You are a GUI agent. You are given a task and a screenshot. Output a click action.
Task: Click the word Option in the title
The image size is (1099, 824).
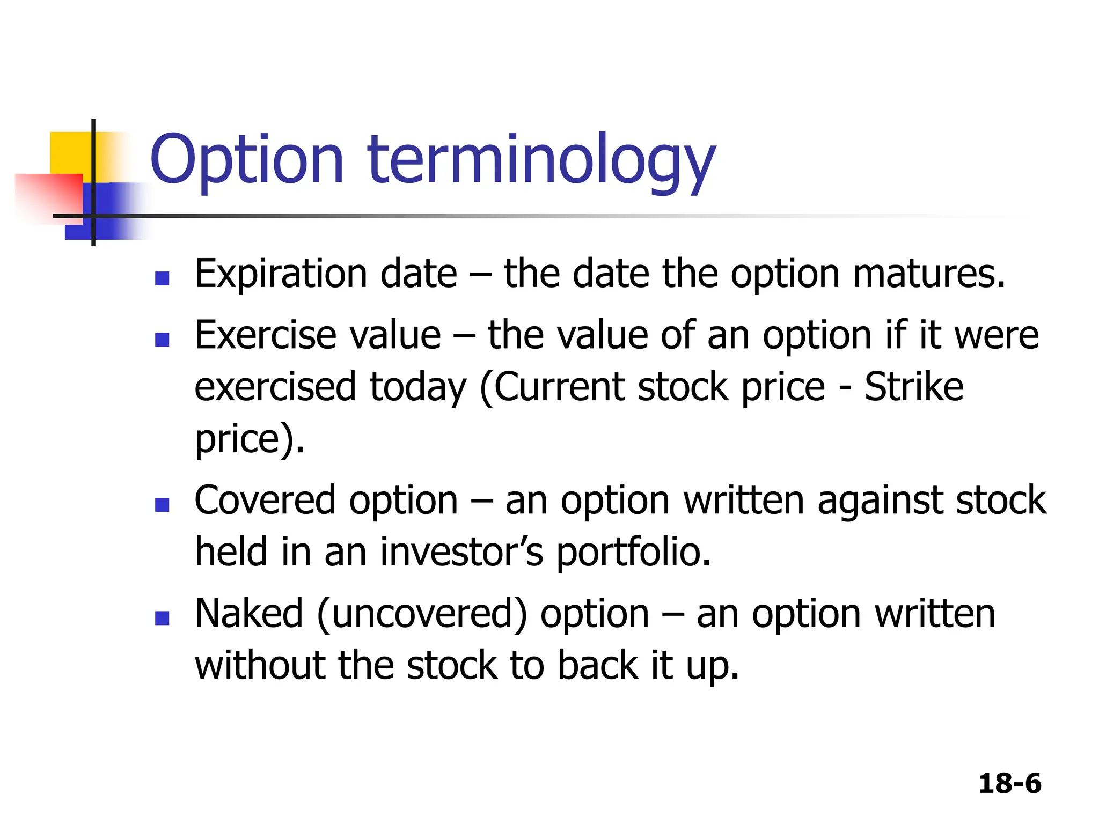pyautogui.click(x=246, y=160)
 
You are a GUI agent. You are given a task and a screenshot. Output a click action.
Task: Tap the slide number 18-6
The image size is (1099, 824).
pyautogui.click(x=1009, y=783)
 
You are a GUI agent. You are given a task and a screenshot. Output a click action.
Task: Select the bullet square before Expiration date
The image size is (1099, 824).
pyautogui.click(x=162, y=278)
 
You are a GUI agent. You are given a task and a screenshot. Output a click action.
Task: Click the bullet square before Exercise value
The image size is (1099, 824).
pyautogui.click(x=162, y=340)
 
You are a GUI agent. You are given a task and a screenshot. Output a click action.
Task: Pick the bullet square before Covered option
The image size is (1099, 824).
pyautogui.click(x=162, y=505)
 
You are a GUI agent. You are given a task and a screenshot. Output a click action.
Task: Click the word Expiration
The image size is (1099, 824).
pyautogui.click(x=280, y=275)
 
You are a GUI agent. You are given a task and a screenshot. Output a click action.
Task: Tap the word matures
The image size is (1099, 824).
pyautogui.click(x=928, y=275)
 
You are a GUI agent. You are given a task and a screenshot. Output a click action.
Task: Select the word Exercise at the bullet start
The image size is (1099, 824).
pyautogui.click(x=266, y=335)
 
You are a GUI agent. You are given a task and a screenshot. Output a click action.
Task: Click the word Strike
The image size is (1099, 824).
pyautogui.click(x=913, y=387)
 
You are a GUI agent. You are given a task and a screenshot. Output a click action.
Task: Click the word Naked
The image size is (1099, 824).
pyautogui.click(x=249, y=614)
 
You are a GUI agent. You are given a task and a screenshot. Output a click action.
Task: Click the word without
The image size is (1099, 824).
pyautogui.click(x=260, y=665)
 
